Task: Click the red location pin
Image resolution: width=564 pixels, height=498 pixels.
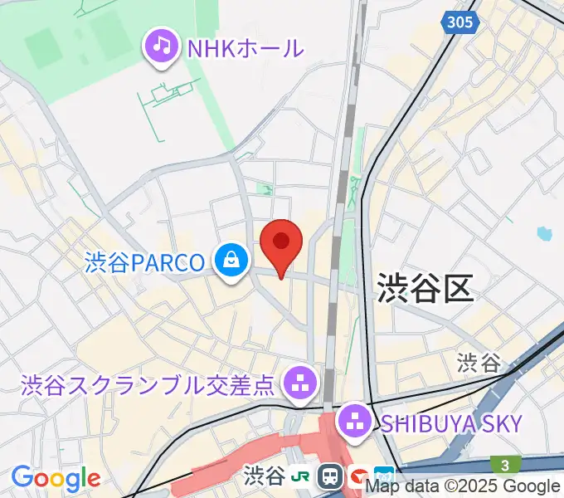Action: coord(280,242)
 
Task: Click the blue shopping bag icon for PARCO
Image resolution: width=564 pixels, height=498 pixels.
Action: coord(231,261)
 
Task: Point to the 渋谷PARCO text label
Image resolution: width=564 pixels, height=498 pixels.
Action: coord(144,263)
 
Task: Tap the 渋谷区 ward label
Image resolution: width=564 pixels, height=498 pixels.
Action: coord(425,288)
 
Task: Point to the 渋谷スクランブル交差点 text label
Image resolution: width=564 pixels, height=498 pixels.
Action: coord(147,385)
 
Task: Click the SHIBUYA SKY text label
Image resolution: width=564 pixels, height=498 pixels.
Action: coord(451,423)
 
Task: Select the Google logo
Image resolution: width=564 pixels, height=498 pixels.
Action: coord(55,478)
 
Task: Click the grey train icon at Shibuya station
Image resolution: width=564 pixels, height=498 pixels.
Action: coord(331,476)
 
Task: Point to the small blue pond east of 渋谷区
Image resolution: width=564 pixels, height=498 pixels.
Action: coord(544,234)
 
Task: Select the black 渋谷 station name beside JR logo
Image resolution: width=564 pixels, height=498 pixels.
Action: coord(265,476)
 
